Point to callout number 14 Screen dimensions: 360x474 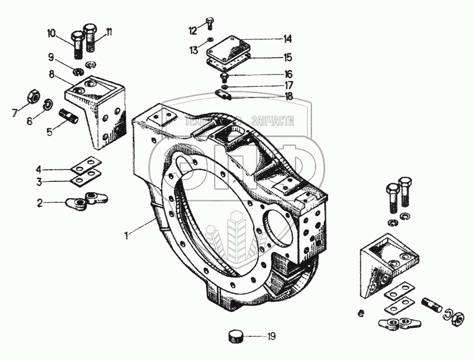[x=287, y=40]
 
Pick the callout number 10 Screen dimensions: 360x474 [x=52, y=34]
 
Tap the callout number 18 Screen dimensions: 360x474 [x=288, y=96]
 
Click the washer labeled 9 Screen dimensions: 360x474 [x=77, y=72]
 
